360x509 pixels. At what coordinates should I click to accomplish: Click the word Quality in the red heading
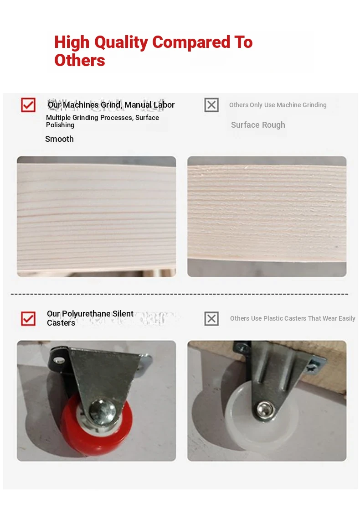(121, 43)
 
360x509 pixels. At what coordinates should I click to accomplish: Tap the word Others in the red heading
(80, 60)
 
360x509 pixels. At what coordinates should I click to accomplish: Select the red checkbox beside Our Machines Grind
(28, 105)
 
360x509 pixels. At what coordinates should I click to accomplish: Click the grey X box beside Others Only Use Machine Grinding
(211, 105)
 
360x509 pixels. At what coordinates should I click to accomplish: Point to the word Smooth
(59, 139)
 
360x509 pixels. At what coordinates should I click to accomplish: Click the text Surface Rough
(258, 125)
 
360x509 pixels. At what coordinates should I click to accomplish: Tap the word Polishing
(60, 125)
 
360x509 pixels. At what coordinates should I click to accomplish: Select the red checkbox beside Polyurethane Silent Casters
(28, 318)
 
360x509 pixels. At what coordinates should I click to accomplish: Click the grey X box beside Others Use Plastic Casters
(211, 318)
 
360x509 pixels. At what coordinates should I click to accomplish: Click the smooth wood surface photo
(97, 217)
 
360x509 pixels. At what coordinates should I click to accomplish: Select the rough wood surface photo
(267, 217)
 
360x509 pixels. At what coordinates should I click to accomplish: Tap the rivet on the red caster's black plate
(59, 360)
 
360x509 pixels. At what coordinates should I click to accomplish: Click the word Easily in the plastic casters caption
(347, 318)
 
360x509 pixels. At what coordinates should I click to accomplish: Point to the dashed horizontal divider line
(180, 295)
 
